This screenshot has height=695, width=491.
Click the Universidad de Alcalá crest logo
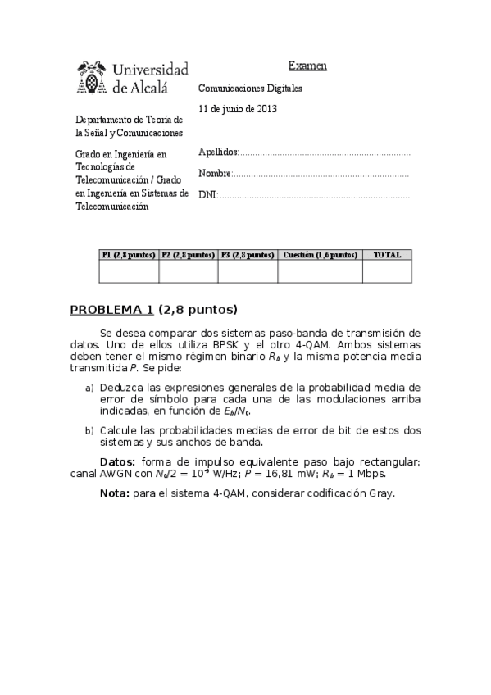(x=91, y=76)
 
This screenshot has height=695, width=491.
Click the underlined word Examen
(x=307, y=66)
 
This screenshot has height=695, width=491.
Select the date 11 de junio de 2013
(x=238, y=108)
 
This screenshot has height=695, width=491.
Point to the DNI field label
(x=207, y=195)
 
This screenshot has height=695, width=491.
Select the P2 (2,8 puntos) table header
(x=188, y=255)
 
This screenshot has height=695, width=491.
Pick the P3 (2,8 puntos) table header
(x=248, y=255)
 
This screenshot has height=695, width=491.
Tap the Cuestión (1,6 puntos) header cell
(x=320, y=255)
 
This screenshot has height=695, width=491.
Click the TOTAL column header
(x=387, y=255)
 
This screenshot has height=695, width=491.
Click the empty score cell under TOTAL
(x=387, y=271)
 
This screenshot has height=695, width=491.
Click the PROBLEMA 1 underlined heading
(x=111, y=310)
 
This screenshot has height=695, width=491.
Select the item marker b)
(x=89, y=429)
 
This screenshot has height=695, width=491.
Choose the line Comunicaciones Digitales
(x=250, y=87)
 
